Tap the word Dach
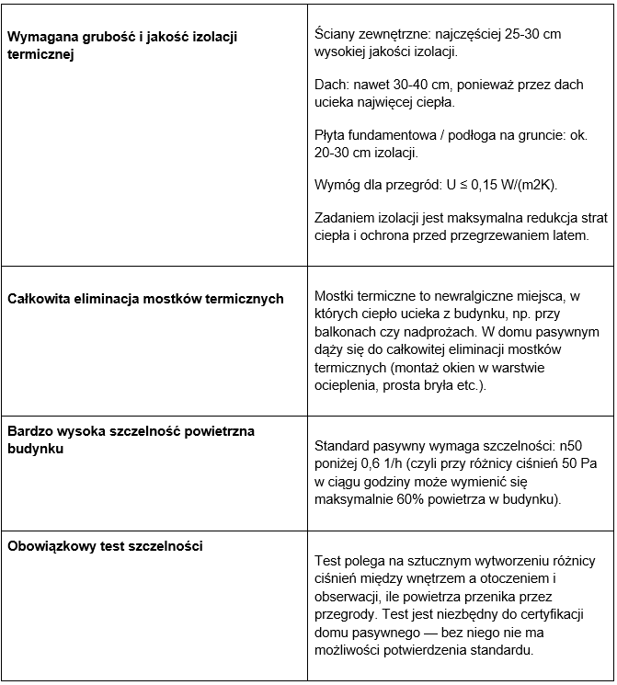[x=331, y=85]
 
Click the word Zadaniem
[x=348, y=218]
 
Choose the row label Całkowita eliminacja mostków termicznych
[x=145, y=298]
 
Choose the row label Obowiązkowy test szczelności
[x=105, y=545]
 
